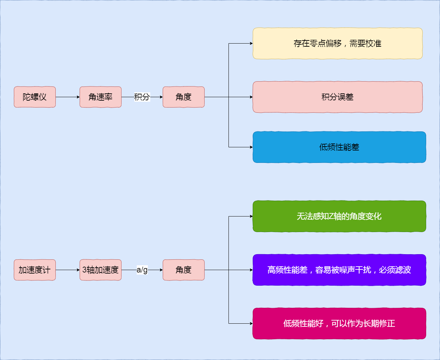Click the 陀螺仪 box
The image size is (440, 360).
point(35,97)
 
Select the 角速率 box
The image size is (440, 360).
point(100,97)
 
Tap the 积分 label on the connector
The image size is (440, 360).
point(142,97)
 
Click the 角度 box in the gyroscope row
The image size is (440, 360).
point(183,97)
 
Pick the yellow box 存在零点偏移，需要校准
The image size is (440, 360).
point(338,43)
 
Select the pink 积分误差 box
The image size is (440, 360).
point(338,97)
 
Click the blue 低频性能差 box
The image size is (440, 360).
point(339,147)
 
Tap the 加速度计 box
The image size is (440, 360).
point(35,270)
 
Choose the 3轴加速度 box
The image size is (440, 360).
point(100,270)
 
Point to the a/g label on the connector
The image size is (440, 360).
point(142,270)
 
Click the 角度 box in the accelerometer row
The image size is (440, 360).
point(183,270)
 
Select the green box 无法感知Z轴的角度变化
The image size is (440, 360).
point(339,216)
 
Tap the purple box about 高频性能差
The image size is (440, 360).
point(339,270)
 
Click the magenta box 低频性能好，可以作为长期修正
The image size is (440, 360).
point(339,323)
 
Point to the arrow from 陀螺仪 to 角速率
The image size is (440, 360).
point(68,97)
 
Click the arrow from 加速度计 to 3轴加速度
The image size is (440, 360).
point(68,270)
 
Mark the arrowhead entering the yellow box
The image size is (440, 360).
point(251,43)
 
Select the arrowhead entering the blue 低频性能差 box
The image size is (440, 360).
point(251,147)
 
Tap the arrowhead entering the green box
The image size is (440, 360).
point(251,216)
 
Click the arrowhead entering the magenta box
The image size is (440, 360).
point(251,323)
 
